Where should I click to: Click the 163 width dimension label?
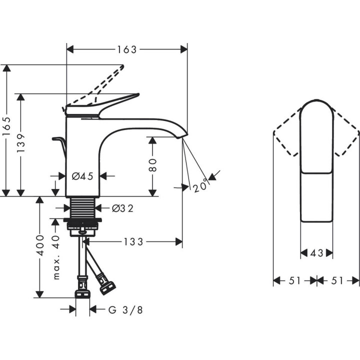point(127,49)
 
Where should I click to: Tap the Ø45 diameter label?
point(82,176)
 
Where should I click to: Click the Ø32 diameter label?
point(122,208)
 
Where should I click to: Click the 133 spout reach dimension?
point(134,242)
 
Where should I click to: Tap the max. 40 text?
point(56,257)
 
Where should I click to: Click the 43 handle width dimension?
point(316,253)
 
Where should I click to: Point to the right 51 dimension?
point(338,281)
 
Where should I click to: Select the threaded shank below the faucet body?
point(83,207)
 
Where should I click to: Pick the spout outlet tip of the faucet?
point(183,135)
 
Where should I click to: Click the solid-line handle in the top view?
point(316,160)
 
